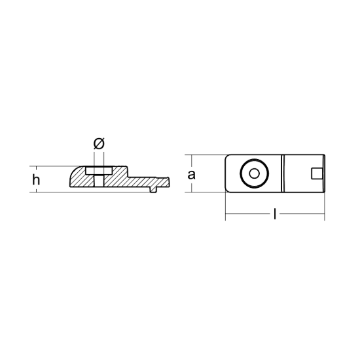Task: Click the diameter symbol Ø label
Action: pos(99,143)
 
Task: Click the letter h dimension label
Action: pos(36,179)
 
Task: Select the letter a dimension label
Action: pos(191,175)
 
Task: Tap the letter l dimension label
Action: pos(275,214)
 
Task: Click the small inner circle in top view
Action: pos(254,173)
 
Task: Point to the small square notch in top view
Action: pos(317,173)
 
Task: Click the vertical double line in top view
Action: pos(283,173)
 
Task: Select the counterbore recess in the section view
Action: pos(99,171)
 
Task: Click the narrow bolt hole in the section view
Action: pos(99,181)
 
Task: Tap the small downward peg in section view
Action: pos(153,189)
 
